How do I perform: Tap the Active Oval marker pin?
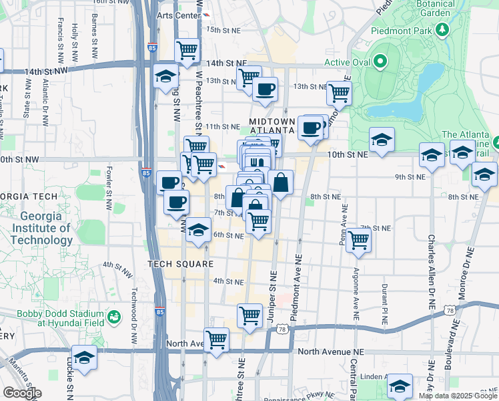[381, 63]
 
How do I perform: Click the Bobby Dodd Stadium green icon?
[113, 316]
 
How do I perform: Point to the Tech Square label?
[181, 264]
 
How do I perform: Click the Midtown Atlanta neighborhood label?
[272, 125]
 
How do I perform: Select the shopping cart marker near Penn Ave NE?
[359, 241]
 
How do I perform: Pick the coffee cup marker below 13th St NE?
[265, 89]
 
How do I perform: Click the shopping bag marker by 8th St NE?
[281, 182]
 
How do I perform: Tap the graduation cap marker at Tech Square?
[197, 230]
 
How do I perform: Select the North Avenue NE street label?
[331, 352]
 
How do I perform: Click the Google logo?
[22, 393]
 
